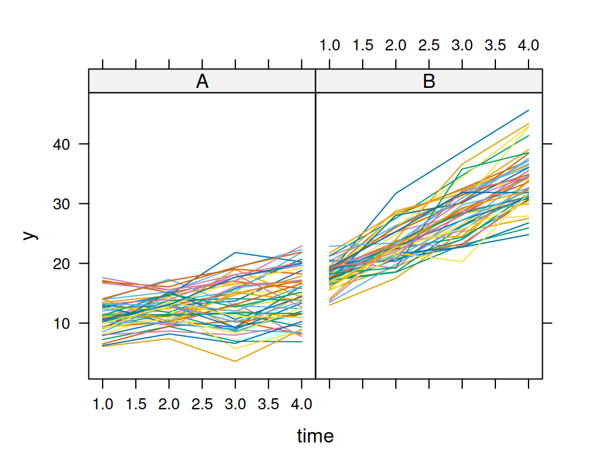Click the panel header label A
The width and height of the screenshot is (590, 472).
point(202,81)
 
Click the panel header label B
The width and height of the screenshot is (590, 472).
point(429,81)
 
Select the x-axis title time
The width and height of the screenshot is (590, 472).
point(315,436)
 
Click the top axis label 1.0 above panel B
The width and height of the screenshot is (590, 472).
point(330,45)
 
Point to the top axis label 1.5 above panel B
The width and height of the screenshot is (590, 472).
point(363,45)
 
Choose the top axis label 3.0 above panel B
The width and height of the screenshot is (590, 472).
point(462,45)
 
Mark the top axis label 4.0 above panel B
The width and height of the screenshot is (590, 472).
point(529,45)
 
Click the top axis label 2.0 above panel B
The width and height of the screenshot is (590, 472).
point(396,45)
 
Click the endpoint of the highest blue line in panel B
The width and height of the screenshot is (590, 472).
point(529,111)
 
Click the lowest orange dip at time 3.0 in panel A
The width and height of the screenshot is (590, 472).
point(235,361)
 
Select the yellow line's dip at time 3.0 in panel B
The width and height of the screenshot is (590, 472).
point(462,262)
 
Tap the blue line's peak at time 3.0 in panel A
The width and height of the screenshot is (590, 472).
point(235,253)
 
